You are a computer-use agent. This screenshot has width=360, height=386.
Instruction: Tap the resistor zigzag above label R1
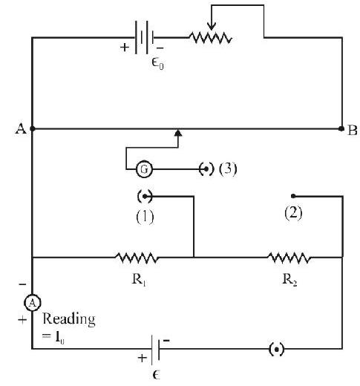click(137, 258)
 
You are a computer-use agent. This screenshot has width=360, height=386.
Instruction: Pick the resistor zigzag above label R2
click(289, 258)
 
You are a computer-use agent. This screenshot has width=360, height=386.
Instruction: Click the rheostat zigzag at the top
click(211, 38)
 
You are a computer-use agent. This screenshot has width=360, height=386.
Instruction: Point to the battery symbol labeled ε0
click(144, 37)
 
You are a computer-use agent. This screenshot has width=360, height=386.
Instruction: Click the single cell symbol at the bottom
click(155, 349)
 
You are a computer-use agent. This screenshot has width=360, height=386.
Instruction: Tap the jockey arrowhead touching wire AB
click(178, 133)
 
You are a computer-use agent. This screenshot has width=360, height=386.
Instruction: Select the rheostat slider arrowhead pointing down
click(212, 26)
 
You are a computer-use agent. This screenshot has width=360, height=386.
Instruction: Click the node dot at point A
click(33, 128)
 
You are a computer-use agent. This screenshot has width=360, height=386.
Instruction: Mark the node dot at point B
click(341, 128)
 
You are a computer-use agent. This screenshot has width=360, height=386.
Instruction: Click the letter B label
click(353, 130)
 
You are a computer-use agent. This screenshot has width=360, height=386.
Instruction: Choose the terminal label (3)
click(228, 169)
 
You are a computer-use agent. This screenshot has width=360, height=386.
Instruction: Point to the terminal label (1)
click(145, 217)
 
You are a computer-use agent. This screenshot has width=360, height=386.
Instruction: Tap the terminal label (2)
click(293, 212)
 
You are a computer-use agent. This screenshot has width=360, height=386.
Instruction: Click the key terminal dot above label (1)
click(145, 197)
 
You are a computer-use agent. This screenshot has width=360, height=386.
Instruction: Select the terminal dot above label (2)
click(293, 196)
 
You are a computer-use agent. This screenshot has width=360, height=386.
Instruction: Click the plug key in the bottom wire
click(276, 350)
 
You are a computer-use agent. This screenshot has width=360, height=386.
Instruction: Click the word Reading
click(69, 319)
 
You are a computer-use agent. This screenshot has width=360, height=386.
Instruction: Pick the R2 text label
click(289, 280)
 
